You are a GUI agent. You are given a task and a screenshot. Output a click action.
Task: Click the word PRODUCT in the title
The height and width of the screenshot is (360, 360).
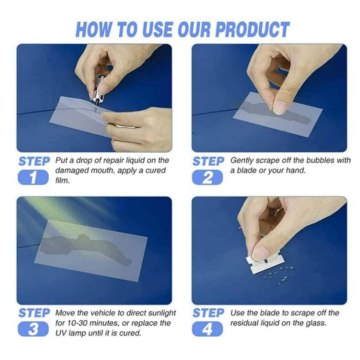(x=252, y=30)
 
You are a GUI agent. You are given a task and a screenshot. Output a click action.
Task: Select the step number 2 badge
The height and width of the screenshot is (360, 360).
(x=207, y=177)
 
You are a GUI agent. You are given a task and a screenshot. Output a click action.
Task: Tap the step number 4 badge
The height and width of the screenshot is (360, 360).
(x=207, y=330)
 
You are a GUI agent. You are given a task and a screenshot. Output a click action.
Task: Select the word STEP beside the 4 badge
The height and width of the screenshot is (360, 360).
(x=208, y=313)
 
